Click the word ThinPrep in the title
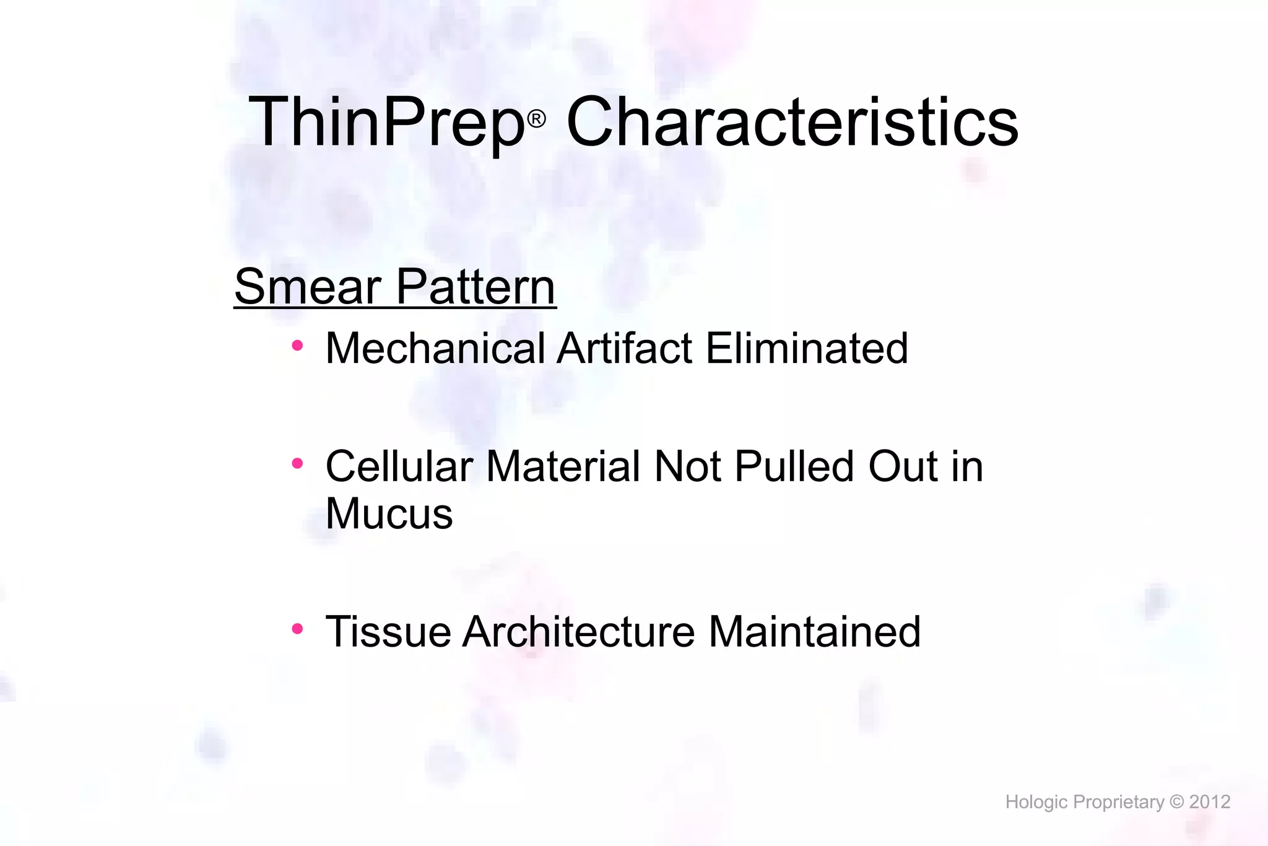[x=386, y=123]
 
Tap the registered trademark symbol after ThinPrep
[x=537, y=118]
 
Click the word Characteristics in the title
[x=792, y=122]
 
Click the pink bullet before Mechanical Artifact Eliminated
[x=297, y=346]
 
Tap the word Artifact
[x=624, y=348]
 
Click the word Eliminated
[x=806, y=348]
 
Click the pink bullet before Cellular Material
[x=297, y=463]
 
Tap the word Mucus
[x=389, y=514]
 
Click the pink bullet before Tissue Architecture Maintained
[x=297, y=629]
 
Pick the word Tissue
[x=388, y=632]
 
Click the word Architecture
[x=579, y=632]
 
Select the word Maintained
[x=814, y=632]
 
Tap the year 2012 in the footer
[x=1209, y=802]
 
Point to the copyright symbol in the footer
[x=1176, y=802]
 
